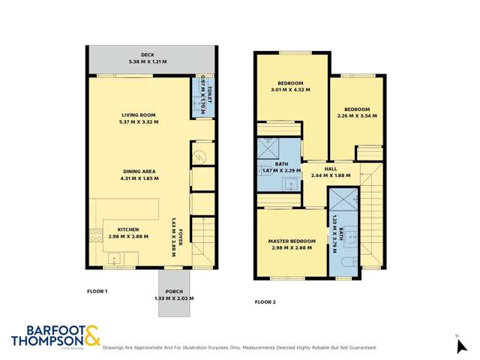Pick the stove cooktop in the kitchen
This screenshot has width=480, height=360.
pyautogui.click(x=95, y=235)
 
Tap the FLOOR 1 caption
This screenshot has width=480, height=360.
pyautogui.click(x=97, y=290)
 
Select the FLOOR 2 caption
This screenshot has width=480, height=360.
pyautogui.click(x=265, y=301)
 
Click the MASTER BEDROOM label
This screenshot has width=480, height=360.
pyautogui.click(x=292, y=241)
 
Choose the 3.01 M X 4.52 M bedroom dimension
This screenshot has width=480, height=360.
pyautogui.click(x=290, y=89)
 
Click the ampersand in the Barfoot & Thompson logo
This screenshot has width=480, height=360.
pyautogui.click(x=91, y=336)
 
